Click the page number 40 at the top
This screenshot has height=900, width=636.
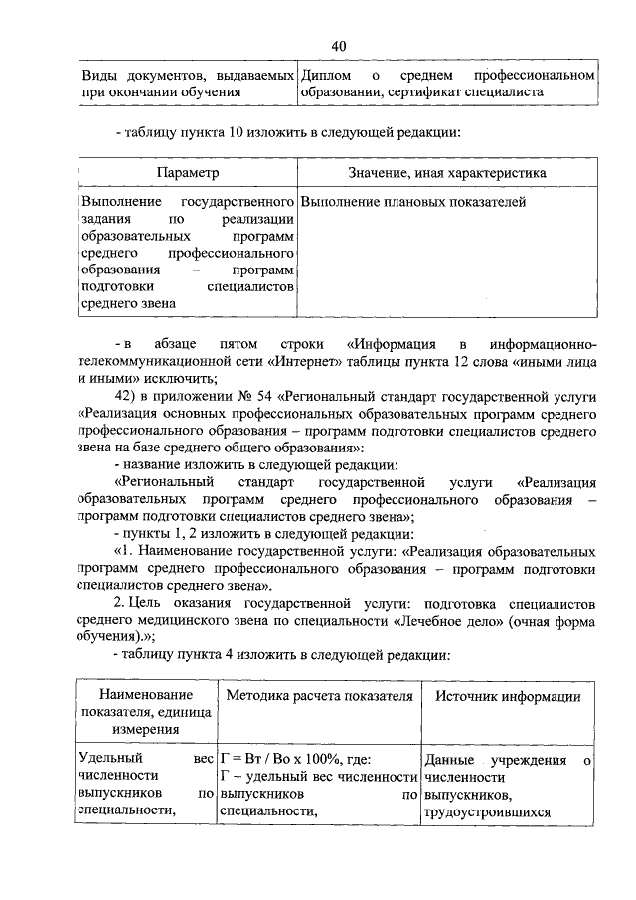click(338, 46)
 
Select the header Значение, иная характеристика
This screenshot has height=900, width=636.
click(447, 173)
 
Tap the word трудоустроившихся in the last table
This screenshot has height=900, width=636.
click(486, 810)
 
